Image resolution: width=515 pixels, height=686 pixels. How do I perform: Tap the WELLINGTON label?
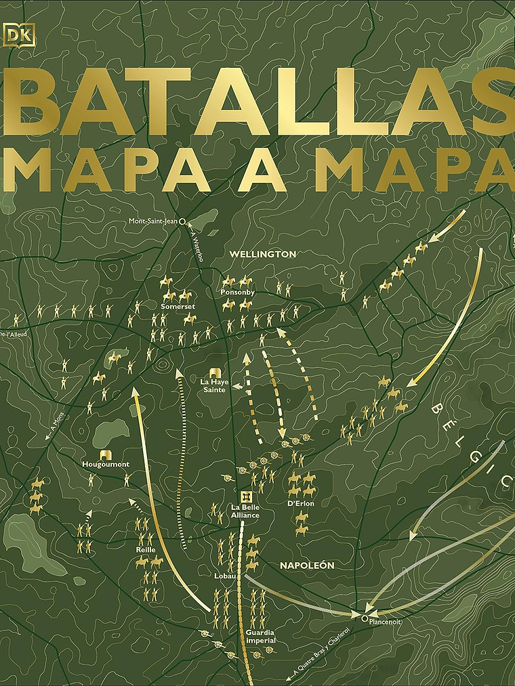[x=263, y=254]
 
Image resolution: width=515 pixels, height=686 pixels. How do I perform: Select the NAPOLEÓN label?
[x=308, y=564]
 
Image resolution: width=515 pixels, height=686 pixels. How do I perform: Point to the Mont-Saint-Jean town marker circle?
[x=182, y=221]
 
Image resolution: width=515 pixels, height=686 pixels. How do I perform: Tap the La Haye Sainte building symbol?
[x=215, y=372]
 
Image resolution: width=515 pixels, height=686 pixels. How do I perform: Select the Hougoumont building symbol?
[x=105, y=454]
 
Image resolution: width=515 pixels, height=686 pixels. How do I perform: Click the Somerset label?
[x=173, y=306]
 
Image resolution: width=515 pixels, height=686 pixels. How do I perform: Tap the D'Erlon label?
[x=301, y=503]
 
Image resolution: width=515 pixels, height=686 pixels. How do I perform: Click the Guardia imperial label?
[x=260, y=636]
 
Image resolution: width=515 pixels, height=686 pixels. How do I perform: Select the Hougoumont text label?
[x=105, y=465]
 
